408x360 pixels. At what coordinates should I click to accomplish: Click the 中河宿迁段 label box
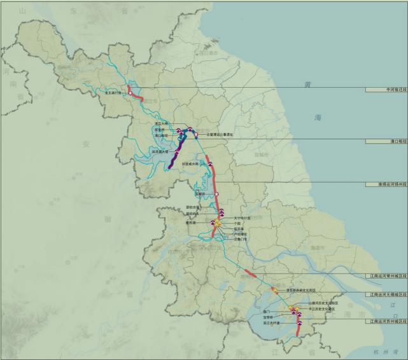(386, 90)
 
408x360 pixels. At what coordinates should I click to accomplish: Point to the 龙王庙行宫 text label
(114, 93)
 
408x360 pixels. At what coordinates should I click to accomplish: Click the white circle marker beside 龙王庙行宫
(130, 93)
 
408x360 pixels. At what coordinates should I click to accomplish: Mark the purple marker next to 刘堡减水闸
(206, 164)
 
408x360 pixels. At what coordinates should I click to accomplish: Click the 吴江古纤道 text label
(271, 323)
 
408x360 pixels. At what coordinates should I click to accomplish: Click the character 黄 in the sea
(308, 85)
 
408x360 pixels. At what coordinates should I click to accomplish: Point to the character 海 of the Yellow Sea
(318, 118)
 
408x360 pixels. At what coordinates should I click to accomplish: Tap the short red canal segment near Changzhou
(251, 273)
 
